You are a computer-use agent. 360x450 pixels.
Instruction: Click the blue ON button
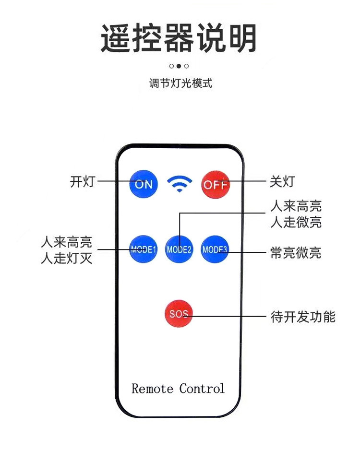(144, 184)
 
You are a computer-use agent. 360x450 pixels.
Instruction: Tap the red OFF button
(215, 184)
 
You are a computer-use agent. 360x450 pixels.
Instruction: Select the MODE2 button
(179, 249)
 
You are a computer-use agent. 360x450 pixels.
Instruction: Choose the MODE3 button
(215, 249)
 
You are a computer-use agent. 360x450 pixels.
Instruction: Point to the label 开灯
(83, 182)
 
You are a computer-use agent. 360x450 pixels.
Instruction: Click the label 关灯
(283, 182)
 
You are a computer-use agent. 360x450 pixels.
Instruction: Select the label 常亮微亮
(296, 252)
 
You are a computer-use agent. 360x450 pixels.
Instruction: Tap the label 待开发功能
(303, 317)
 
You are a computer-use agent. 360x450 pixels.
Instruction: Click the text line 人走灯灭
(66, 259)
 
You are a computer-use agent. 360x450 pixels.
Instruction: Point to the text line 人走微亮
(296, 222)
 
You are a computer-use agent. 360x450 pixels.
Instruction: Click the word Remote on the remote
(152, 388)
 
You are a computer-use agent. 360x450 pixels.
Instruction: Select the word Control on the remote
(202, 388)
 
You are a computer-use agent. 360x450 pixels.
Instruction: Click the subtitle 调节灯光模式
(180, 83)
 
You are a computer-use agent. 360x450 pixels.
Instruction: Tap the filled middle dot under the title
(179, 66)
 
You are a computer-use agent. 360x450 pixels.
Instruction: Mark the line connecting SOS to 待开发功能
(230, 317)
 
